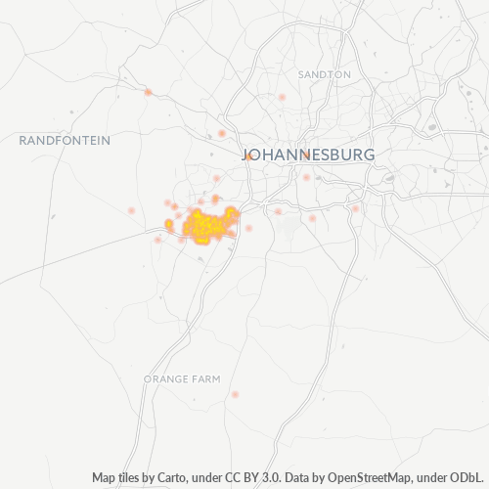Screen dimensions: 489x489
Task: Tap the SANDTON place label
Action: pos(326,74)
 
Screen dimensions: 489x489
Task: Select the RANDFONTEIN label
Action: pos(65,141)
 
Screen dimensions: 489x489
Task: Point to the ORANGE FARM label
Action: pos(182,378)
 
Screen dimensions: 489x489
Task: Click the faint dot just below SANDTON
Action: pos(282,98)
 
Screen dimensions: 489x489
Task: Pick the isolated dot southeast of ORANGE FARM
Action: pos(235,394)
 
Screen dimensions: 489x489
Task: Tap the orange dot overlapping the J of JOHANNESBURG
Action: pos(249,156)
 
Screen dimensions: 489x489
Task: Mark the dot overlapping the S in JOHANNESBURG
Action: pos(306,156)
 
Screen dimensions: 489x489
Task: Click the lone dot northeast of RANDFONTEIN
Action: pos(148,92)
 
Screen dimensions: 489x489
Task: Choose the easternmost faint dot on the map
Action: pos(356,208)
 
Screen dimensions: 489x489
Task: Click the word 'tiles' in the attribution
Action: pos(131,477)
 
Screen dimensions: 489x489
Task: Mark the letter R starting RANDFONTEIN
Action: pos(23,141)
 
